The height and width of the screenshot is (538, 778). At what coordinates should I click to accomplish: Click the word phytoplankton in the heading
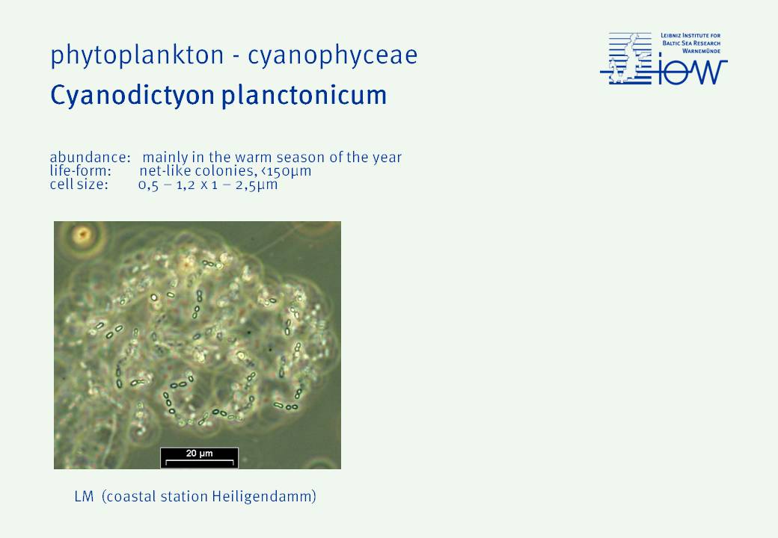pos(137,56)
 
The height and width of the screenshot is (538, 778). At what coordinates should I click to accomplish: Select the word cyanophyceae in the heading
pos(332,56)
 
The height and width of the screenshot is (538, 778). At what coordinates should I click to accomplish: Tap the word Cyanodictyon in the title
pos(132,96)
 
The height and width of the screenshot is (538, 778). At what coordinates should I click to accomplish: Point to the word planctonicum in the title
pos(304,96)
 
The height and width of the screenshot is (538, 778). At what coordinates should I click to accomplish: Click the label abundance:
pos(91,158)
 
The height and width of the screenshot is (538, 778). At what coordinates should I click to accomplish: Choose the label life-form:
pos(80,171)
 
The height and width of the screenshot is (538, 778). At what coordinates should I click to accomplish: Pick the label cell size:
pos(79,185)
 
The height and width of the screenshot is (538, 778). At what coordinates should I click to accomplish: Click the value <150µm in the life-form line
pos(286,171)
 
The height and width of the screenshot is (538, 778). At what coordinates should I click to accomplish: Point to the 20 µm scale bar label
pos(200,454)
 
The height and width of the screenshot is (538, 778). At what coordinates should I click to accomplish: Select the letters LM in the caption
pos(84,496)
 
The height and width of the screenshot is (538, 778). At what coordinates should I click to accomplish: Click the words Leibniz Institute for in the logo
pos(690,36)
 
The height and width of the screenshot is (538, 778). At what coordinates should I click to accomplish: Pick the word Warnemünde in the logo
pos(701,51)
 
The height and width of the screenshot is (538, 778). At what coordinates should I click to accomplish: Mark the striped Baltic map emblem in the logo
pos(626,58)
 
